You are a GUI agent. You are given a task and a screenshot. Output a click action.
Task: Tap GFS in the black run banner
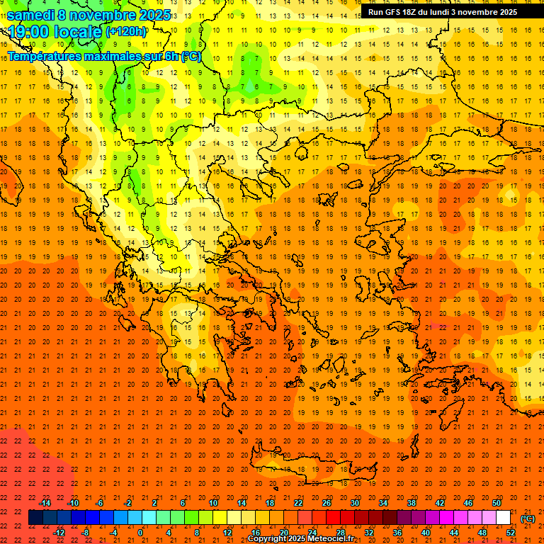tap(397, 12)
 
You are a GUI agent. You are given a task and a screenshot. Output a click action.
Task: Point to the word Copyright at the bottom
tap(269, 539)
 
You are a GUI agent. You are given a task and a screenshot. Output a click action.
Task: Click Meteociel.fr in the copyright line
tap(332, 539)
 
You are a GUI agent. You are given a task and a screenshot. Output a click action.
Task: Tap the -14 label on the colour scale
tap(45, 503)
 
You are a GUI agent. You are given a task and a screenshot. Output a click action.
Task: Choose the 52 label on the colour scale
tap(511, 533)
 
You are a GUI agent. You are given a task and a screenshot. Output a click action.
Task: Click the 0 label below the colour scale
tap(140, 533)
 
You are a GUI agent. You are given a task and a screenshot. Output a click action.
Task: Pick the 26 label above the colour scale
tap(327, 503)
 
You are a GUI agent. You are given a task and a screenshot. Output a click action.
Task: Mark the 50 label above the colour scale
tap(497, 503)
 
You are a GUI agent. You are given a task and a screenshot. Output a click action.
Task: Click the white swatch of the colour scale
tap(504, 518)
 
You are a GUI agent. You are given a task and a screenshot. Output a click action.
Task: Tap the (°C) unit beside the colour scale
tap(528, 518)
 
